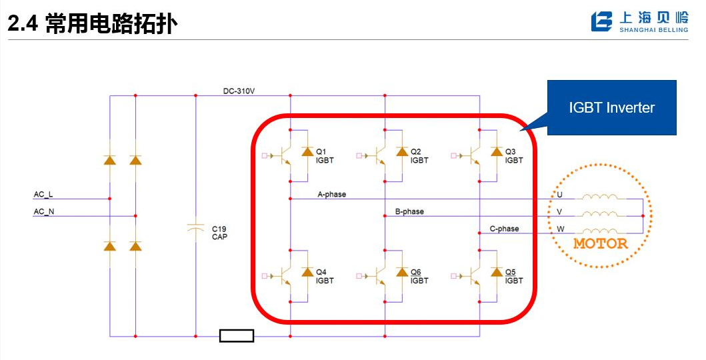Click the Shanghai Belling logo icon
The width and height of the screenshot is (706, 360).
click(x=601, y=21)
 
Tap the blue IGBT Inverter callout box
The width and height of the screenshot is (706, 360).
click(x=611, y=107)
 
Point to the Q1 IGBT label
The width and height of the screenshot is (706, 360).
click(x=325, y=156)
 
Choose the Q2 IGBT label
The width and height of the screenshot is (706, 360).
click(x=419, y=156)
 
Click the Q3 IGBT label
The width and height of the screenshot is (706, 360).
click(x=514, y=156)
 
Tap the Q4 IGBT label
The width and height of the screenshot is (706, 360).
click(x=325, y=277)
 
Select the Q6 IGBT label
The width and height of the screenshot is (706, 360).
click(x=419, y=277)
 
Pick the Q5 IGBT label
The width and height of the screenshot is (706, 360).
click(x=514, y=277)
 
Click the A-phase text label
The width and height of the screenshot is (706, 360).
click(x=332, y=195)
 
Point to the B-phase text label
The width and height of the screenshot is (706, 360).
click(x=409, y=212)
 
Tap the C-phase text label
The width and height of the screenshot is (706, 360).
click(x=504, y=229)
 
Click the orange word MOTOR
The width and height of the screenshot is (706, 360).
click(x=601, y=243)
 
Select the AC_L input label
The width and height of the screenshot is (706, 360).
click(x=43, y=195)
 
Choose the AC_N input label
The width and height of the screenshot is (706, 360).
click(x=43, y=211)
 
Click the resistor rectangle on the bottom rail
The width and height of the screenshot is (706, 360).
click(x=237, y=336)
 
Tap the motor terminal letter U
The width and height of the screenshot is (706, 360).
click(x=560, y=195)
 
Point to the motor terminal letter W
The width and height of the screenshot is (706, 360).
click(x=561, y=229)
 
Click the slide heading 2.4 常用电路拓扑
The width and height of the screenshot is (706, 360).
click(x=93, y=25)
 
